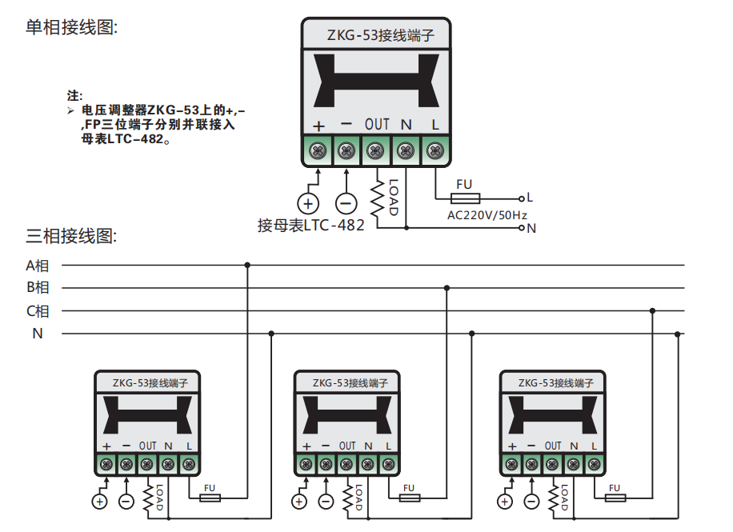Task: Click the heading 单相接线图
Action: [72, 28]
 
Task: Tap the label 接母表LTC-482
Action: [310, 226]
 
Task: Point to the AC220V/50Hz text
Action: [487, 214]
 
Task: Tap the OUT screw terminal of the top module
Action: [375, 150]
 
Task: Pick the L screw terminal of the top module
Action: [435, 150]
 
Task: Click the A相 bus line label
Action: [38, 265]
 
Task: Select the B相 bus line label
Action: [38, 288]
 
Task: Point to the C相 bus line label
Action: [38, 311]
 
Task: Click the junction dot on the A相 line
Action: [247, 265]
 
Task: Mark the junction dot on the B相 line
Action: [447, 288]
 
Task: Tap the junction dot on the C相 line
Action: [653, 310]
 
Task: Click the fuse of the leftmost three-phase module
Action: [210, 498]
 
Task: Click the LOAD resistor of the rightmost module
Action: [553, 498]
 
